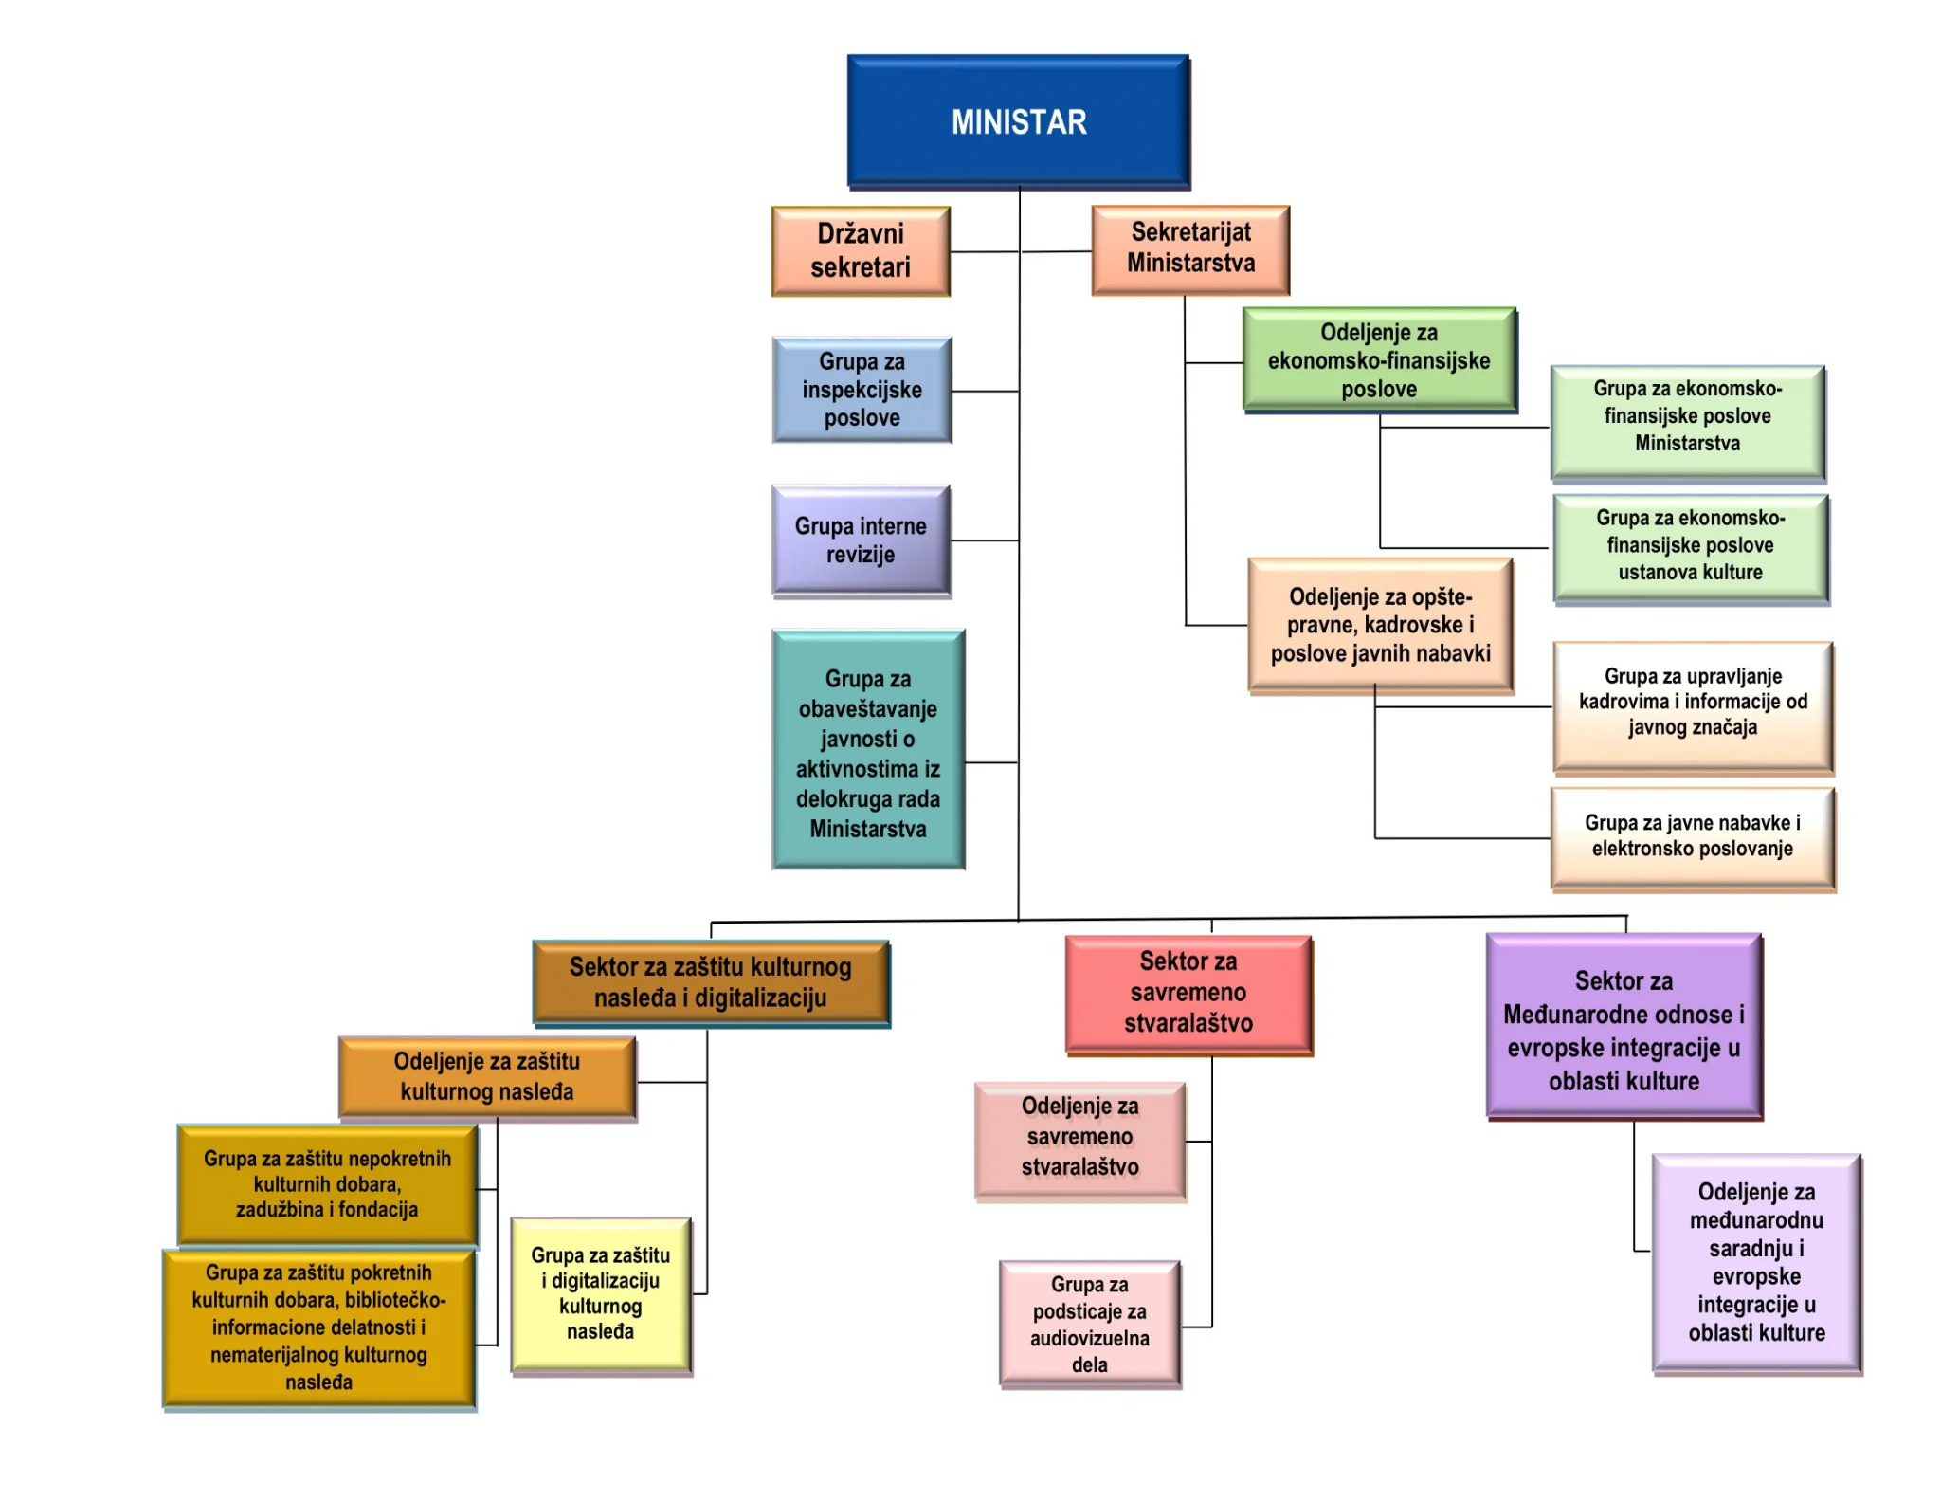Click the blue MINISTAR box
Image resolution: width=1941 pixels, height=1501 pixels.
(1019, 121)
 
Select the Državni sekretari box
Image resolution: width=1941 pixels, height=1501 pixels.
(861, 251)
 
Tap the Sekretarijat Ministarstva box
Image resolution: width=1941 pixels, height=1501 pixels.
(1190, 248)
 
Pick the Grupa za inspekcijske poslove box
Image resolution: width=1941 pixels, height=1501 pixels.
(862, 390)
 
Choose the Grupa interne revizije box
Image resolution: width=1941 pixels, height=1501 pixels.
(861, 540)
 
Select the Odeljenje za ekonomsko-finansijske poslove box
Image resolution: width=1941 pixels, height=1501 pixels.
(1379, 360)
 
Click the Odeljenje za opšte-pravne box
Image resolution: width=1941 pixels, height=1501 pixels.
(1380, 625)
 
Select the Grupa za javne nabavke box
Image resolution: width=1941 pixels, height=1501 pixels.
(1692, 836)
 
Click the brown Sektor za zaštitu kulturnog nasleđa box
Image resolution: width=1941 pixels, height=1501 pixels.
(710, 982)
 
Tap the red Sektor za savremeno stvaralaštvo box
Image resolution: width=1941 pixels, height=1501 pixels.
(1188, 993)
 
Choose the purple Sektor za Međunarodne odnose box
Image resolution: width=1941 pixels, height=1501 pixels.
(1624, 1028)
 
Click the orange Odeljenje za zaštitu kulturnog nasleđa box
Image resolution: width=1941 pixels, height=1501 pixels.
(486, 1077)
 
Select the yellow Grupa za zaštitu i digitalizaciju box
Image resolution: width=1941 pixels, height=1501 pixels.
(600, 1293)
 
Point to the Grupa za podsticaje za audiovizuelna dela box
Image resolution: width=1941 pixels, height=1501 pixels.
(1089, 1324)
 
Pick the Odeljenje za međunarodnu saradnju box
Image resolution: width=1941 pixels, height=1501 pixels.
(1756, 1262)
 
